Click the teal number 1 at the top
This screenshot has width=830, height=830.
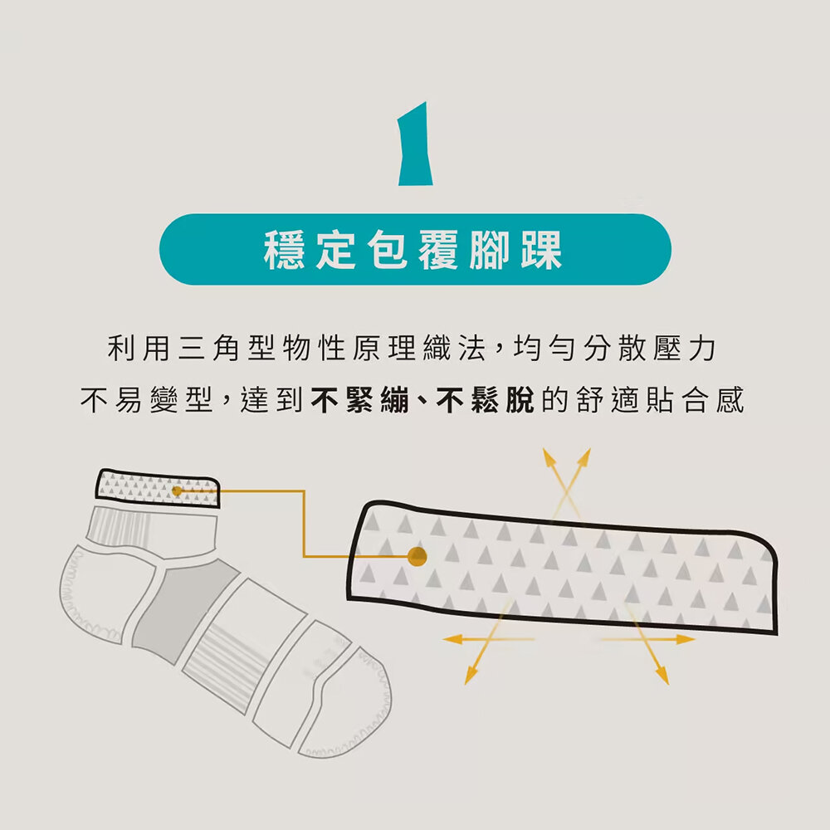[x=416, y=144]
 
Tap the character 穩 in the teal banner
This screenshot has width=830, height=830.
[x=284, y=250]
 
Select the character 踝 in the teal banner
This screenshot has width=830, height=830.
[x=541, y=250]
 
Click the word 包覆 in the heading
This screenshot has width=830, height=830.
[x=413, y=250]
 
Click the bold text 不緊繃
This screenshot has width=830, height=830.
[x=360, y=400]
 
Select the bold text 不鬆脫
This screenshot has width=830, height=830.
[x=486, y=400]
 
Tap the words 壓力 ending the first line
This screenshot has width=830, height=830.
[x=685, y=349]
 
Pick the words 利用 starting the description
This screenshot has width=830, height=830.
[x=138, y=349]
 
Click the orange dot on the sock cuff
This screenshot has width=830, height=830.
[x=177, y=491]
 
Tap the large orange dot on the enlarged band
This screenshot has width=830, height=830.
[x=417, y=556]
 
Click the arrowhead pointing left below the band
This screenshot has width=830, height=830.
[x=451, y=639]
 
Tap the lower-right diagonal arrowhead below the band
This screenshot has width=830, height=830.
[x=662, y=676]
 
